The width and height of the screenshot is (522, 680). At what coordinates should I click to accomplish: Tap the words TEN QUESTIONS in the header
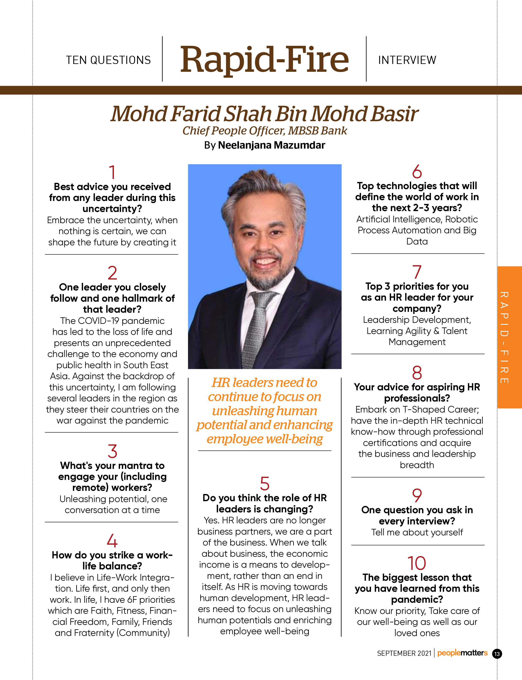coord(108,60)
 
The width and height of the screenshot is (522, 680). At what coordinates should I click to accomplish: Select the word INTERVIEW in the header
coord(407,60)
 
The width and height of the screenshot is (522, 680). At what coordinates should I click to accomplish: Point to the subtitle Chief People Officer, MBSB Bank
coord(264,131)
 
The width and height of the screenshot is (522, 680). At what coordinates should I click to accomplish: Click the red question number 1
coord(112,172)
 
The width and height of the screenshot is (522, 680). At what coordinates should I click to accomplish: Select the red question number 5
coord(264,484)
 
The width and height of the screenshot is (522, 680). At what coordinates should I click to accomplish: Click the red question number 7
coord(417,272)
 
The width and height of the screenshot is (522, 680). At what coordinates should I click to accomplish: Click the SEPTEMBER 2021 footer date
coord(404,653)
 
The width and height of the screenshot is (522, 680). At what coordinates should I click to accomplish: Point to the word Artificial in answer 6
coord(373,219)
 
